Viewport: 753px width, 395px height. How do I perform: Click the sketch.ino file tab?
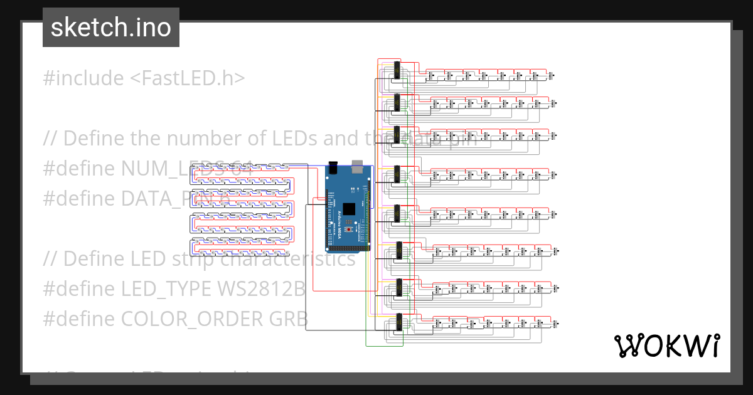click(110, 28)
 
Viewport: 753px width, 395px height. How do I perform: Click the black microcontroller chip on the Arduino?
click(350, 209)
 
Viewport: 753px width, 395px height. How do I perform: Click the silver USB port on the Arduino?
click(358, 166)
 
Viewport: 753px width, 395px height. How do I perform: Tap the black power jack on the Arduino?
click(333, 168)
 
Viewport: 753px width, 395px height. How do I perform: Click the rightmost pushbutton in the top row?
click(552, 76)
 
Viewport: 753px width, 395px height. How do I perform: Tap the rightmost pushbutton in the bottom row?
click(557, 324)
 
